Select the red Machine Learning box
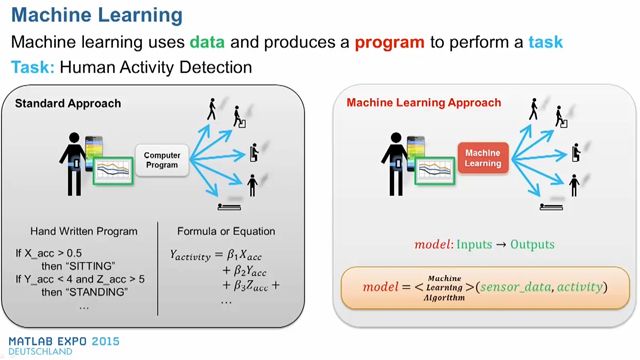coord(485,156)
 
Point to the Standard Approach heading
coord(62,103)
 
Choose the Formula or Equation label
coord(227,230)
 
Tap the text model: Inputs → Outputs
coord(485,245)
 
